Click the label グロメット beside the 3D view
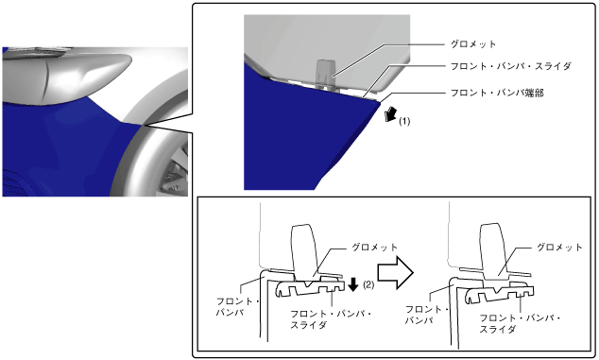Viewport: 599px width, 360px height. [473, 44]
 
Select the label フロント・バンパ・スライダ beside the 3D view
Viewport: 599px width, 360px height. [511, 66]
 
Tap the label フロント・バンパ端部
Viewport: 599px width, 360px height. [497, 93]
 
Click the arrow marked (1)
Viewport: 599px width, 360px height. [391, 114]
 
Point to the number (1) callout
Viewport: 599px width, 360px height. [404, 122]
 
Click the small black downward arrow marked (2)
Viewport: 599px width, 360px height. [353, 284]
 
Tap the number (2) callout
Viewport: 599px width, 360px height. [368, 284]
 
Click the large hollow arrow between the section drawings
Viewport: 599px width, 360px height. [395, 272]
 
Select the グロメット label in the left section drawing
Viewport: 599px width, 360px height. [374, 248]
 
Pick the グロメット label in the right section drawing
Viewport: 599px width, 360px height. [559, 248]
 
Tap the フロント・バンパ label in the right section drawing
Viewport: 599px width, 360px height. [426, 315]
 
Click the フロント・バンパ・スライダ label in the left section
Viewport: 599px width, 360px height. [331, 319]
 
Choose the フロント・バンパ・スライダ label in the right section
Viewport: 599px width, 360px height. [520, 323]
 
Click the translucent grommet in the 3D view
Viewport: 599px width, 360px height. [325, 74]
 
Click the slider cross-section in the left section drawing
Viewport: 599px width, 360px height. [310, 288]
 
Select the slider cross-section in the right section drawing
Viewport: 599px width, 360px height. [499, 292]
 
